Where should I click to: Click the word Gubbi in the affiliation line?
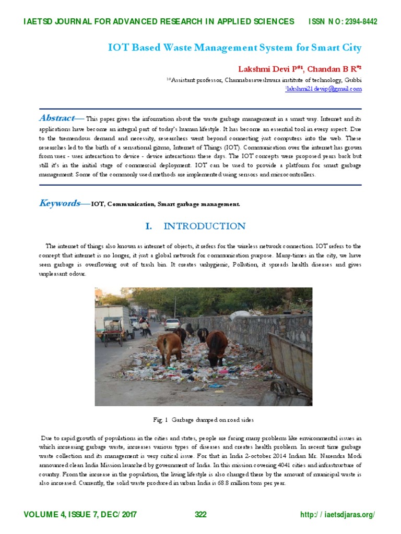point(353,80)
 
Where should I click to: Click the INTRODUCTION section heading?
point(204,226)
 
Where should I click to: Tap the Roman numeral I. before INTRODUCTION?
point(149,226)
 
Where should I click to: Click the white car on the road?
point(172,324)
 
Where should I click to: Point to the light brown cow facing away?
point(169,347)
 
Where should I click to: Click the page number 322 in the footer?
point(200,515)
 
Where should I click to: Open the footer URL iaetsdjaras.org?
point(345,515)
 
